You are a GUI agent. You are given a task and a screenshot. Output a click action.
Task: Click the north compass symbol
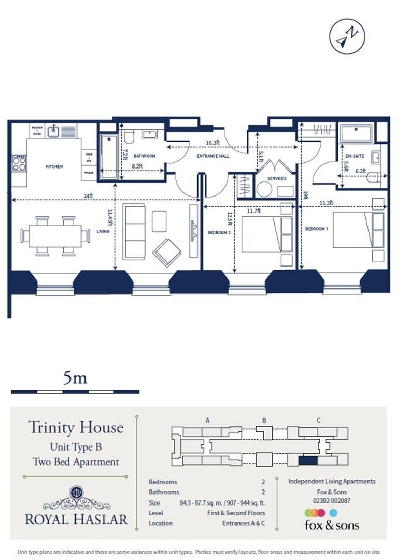(x=347, y=36)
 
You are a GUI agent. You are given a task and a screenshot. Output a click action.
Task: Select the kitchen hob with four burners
(x=19, y=163)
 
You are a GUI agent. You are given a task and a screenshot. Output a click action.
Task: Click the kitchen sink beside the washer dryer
(x=53, y=131)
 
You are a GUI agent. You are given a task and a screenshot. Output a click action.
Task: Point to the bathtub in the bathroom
(x=108, y=156)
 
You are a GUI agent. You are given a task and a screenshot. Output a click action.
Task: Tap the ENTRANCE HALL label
(x=213, y=156)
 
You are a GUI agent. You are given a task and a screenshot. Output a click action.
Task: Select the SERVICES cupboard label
(x=277, y=178)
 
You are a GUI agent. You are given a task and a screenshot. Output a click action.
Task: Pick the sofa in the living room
(x=134, y=231)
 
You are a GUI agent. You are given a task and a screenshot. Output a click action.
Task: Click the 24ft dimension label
(x=88, y=195)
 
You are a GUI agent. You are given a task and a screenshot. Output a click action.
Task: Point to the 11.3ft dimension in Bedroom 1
(x=327, y=203)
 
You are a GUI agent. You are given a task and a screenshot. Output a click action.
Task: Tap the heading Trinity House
(x=76, y=428)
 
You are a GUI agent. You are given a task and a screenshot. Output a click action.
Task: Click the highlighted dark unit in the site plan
(x=308, y=460)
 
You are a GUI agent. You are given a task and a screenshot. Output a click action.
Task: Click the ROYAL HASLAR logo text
(x=76, y=519)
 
